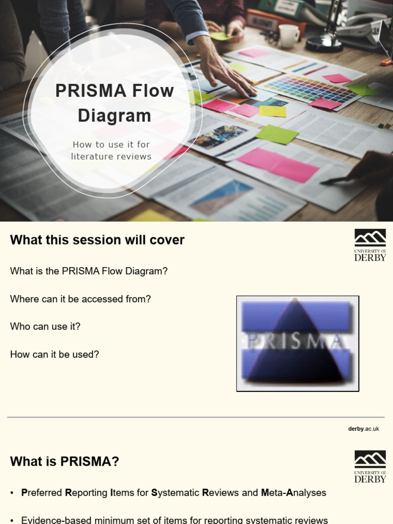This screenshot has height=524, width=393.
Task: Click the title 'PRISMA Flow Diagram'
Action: (x=115, y=103)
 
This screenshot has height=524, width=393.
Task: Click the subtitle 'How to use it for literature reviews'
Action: (x=111, y=150)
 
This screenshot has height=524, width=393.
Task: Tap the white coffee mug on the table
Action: (x=289, y=36)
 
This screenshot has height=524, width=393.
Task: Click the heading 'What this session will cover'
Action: (x=97, y=240)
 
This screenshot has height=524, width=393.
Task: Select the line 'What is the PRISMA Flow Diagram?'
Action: (x=89, y=271)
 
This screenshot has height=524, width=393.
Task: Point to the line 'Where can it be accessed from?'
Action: (x=80, y=299)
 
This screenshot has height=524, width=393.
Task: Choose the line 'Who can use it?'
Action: (x=45, y=326)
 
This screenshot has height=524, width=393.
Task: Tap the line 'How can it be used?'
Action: (x=54, y=354)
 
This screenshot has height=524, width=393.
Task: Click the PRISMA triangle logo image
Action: (x=297, y=343)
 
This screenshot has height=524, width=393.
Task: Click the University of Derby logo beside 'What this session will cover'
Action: (x=370, y=245)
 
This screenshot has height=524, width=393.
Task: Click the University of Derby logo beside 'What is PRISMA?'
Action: (x=370, y=466)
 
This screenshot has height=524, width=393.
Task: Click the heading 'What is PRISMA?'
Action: (x=64, y=462)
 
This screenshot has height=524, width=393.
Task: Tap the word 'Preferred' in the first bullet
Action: (x=42, y=493)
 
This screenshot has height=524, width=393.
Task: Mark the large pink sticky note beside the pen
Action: (x=278, y=164)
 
